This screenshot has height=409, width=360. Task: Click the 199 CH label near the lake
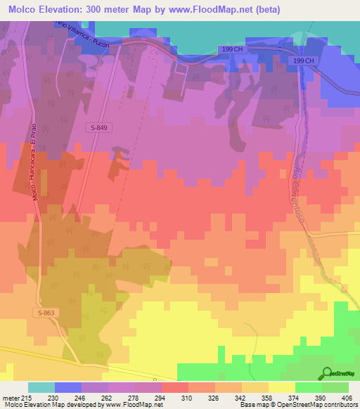[x=231, y=48]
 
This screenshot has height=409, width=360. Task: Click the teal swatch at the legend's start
[x=41, y=387]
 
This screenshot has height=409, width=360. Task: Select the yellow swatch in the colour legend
[x=281, y=387]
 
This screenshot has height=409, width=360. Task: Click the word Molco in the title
[x=21, y=9]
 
